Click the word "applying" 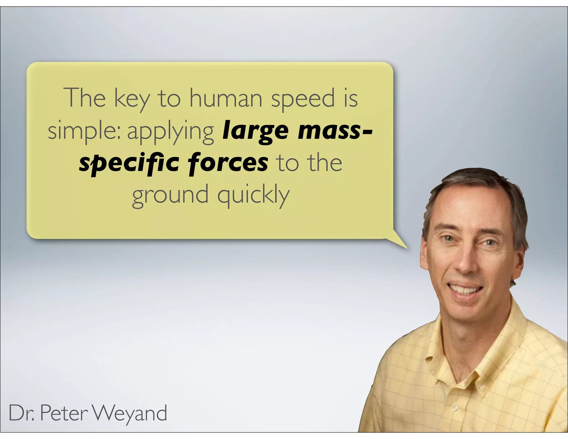tap(171, 131)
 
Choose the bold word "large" tap(255, 131)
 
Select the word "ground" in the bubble tap(170, 195)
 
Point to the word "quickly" tap(253, 195)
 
